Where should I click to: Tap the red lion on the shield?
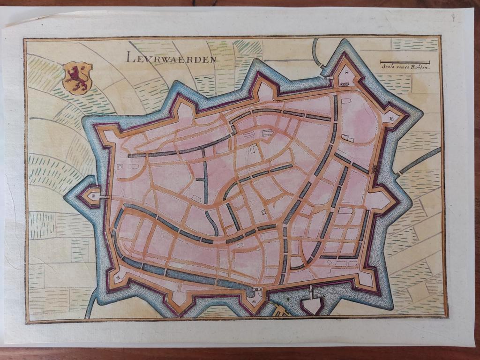click(77, 77)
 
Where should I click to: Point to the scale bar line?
click(405, 62)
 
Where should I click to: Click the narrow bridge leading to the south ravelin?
click(311, 291)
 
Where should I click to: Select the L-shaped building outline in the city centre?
click(254, 148)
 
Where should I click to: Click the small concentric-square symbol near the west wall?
click(120, 166)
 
